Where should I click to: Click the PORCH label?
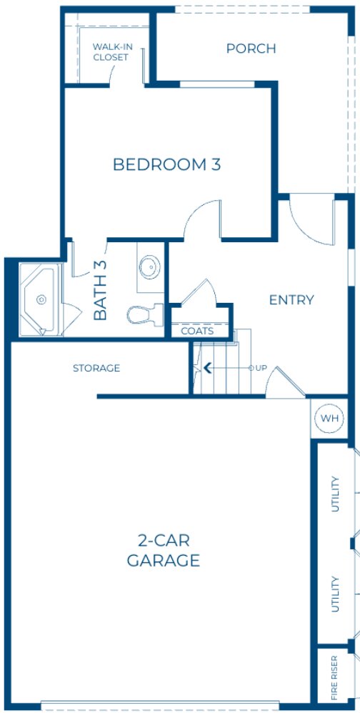coord(251,49)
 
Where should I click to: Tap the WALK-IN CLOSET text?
coord(111,52)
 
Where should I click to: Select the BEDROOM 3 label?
coord(166,164)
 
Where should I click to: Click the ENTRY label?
coord(291,300)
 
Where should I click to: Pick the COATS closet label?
coord(196,331)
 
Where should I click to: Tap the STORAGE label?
coord(96,369)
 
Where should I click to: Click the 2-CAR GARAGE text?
coord(163,550)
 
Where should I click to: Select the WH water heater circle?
coord(328,418)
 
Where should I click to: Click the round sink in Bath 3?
coord(151,269)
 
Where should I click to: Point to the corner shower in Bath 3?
coord(40,300)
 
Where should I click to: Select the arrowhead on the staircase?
coord(208,369)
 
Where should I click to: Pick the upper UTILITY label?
coord(334,494)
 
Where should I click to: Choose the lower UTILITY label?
coord(334,593)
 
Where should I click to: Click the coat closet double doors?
coord(201,294)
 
